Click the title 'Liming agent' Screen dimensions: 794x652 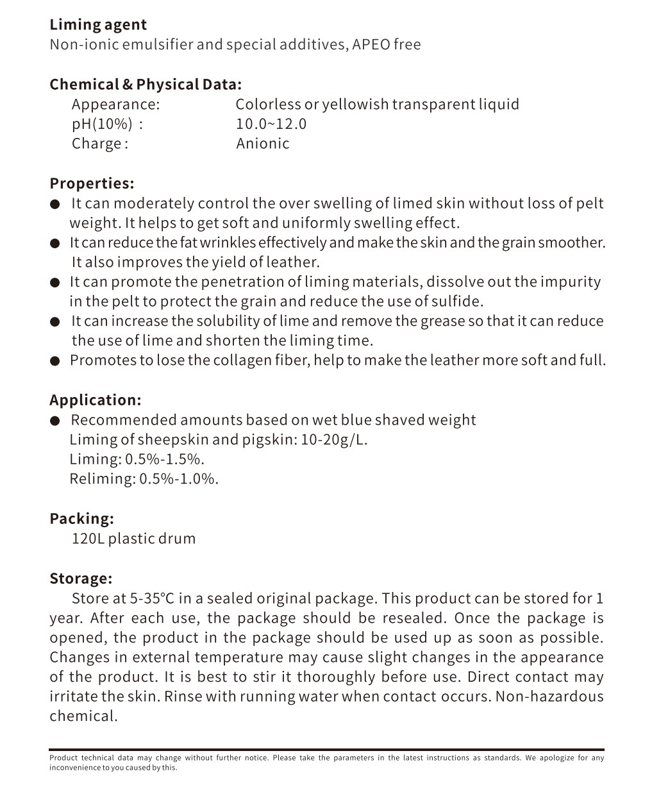point(98,25)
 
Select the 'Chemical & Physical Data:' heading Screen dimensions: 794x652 point(146,85)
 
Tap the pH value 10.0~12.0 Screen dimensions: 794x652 point(271,124)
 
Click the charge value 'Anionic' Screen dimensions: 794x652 point(262,144)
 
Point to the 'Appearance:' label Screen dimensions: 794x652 point(115,105)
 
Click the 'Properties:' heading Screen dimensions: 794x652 point(92,183)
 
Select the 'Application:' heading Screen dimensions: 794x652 point(95,400)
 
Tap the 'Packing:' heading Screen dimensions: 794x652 point(81,519)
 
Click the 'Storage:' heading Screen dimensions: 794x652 point(81,579)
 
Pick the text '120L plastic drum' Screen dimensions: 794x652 point(133,539)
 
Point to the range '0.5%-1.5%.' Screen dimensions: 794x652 point(165,460)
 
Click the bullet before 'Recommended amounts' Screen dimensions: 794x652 point(56,421)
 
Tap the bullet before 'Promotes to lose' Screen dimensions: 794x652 point(56,361)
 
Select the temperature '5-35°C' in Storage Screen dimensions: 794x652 point(152,599)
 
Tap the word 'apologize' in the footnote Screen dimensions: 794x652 point(556,758)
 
